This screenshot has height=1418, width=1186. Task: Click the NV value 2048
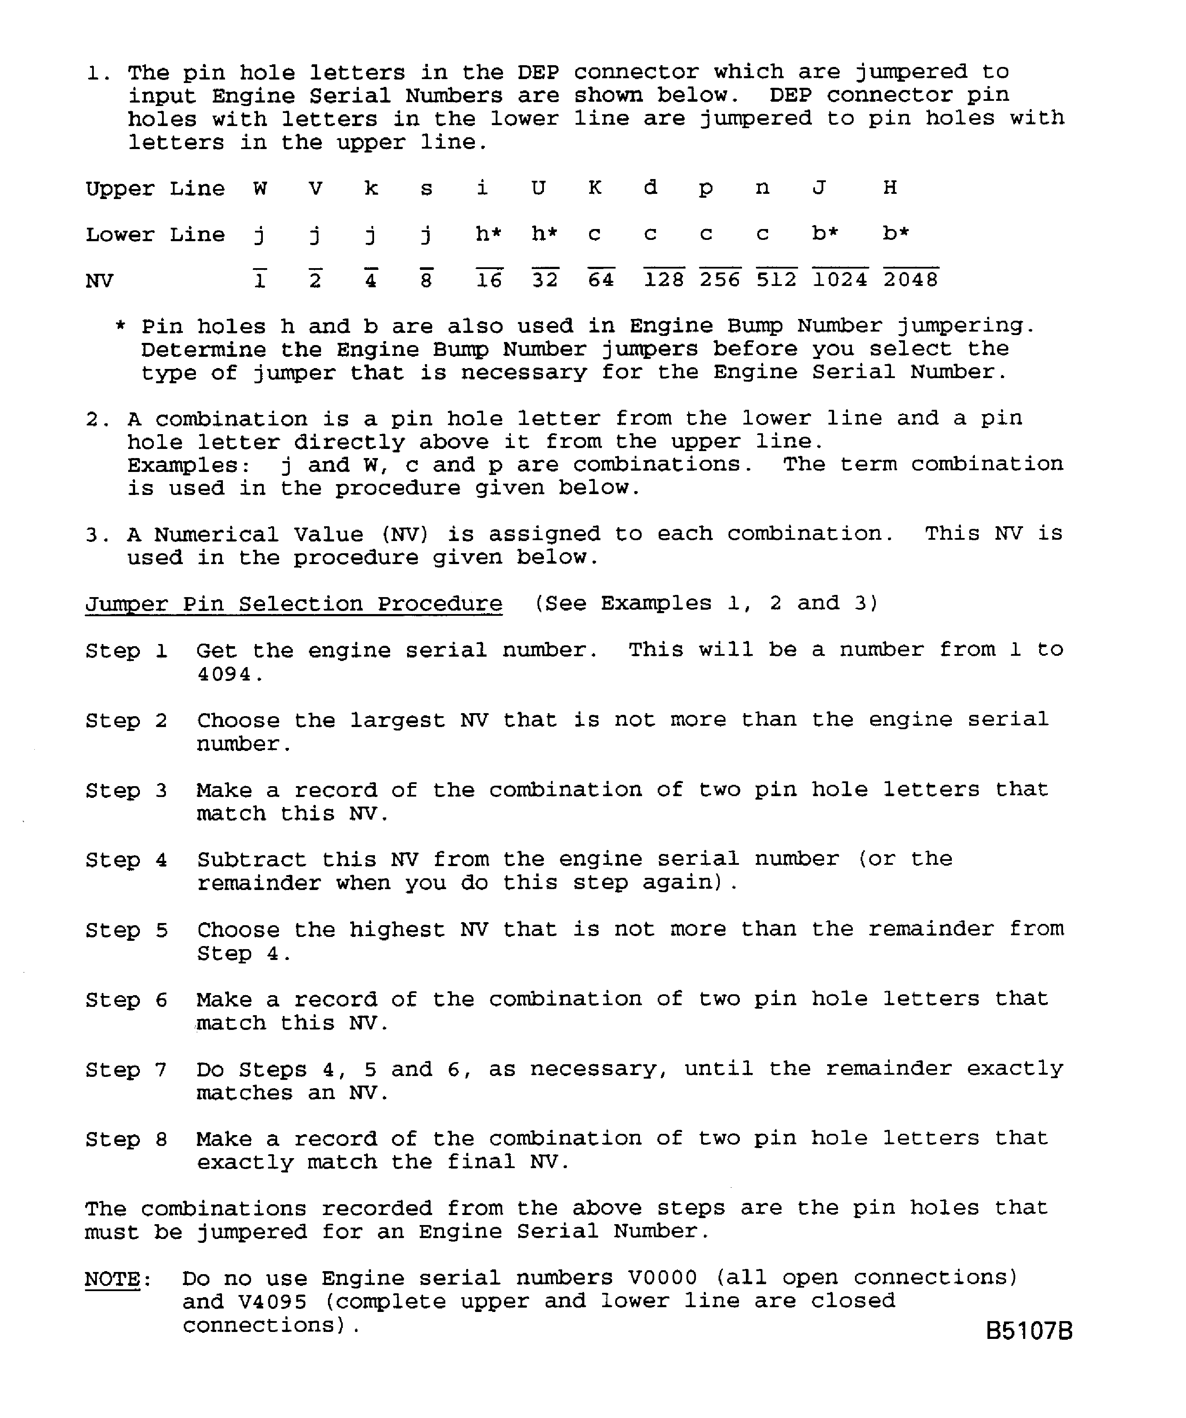click(911, 279)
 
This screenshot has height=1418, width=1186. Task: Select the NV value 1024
click(840, 279)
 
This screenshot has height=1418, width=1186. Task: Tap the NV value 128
click(663, 279)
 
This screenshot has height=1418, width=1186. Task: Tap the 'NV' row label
click(99, 280)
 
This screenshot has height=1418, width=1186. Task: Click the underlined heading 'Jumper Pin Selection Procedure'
click(294, 604)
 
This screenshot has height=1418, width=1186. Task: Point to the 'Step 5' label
click(126, 930)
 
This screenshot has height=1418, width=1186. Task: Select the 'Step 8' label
click(126, 1139)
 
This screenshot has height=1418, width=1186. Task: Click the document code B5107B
click(1029, 1330)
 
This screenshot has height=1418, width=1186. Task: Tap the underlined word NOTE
click(112, 1279)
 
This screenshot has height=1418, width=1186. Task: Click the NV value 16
click(489, 279)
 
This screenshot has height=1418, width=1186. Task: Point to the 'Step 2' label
click(126, 721)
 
